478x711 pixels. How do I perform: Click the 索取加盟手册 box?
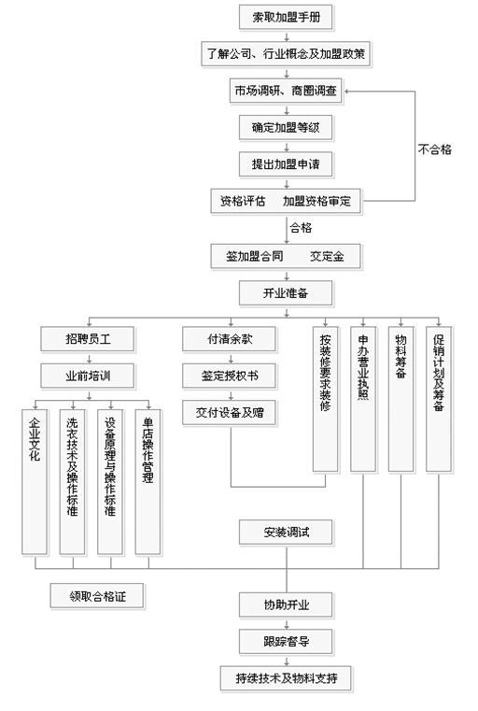pyautogui.click(x=286, y=18)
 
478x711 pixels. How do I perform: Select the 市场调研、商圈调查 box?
pyautogui.click(x=286, y=91)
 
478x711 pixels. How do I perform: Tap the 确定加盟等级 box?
pyautogui.click(x=286, y=127)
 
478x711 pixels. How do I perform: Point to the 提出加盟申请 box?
pyautogui.click(x=286, y=164)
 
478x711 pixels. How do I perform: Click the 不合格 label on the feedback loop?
pyautogui.click(x=434, y=149)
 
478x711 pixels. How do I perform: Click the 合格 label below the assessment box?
pyautogui.click(x=301, y=228)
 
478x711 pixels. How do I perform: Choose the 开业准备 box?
pyautogui.click(x=286, y=293)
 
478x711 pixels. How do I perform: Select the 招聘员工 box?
pyautogui.click(x=88, y=339)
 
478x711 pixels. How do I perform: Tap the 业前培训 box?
pyautogui.click(x=88, y=376)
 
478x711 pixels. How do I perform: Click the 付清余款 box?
pyautogui.click(x=230, y=339)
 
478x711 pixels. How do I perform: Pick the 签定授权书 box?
pyautogui.click(x=230, y=376)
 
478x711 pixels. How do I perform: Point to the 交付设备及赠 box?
pyautogui.click(x=230, y=413)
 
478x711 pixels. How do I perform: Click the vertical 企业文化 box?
pyautogui.click(x=35, y=482)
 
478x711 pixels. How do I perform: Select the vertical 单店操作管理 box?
pyautogui.click(x=148, y=482)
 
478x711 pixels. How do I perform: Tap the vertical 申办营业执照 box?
pyautogui.click(x=363, y=400)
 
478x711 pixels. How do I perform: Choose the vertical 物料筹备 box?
pyautogui.click(x=401, y=400)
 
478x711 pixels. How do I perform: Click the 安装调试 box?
pyautogui.click(x=286, y=533)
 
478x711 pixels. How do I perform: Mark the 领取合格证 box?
pyautogui.click(x=97, y=596)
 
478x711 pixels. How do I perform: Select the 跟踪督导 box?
pyautogui.click(x=286, y=641)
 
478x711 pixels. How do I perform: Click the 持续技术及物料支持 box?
pyautogui.click(x=286, y=678)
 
